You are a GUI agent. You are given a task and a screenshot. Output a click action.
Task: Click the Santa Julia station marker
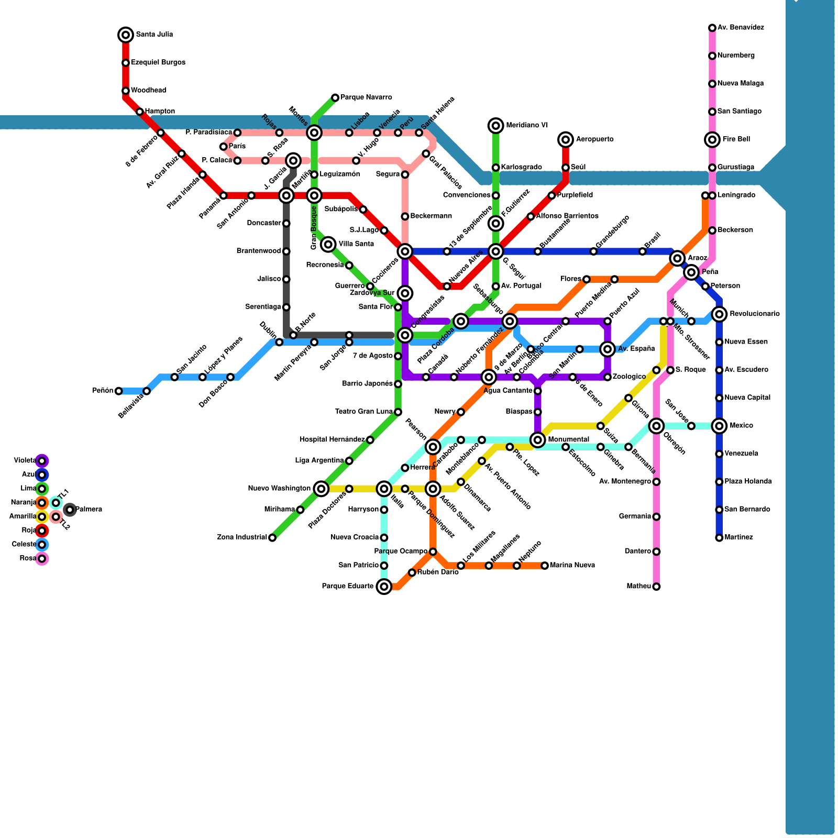126,35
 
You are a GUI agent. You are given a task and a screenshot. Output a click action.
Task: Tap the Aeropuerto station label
594,139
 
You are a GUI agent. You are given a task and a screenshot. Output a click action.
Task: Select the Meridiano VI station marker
495,126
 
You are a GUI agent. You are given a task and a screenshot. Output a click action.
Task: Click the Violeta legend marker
42,461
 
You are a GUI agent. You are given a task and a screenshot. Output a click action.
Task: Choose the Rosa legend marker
42,559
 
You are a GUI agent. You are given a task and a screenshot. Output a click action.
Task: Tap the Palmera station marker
70,510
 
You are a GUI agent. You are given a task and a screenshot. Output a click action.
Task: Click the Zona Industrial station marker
272,538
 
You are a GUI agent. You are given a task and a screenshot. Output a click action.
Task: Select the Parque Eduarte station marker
384,587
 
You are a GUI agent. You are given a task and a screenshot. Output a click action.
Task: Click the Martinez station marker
719,538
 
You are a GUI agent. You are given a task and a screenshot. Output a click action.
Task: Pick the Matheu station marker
656,587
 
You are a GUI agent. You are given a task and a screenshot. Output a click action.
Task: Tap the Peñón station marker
119,391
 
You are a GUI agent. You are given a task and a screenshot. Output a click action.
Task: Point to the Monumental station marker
537,440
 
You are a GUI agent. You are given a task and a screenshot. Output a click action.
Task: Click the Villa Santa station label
356,244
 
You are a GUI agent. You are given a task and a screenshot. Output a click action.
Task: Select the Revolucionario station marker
719,314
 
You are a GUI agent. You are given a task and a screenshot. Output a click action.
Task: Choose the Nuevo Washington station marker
321,489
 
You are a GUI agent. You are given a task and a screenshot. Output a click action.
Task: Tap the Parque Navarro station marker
335,98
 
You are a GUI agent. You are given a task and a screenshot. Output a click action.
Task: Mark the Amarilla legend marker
42,517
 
